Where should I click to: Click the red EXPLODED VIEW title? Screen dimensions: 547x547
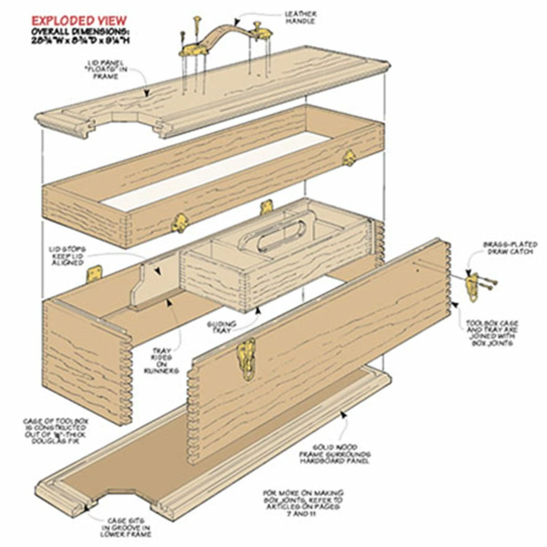pyautogui.click(x=79, y=21)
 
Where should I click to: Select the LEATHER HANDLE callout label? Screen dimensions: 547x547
pyautogui.click(x=300, y=17)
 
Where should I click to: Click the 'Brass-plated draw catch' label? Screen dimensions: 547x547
pyautogui.click(x=507, y=248)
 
